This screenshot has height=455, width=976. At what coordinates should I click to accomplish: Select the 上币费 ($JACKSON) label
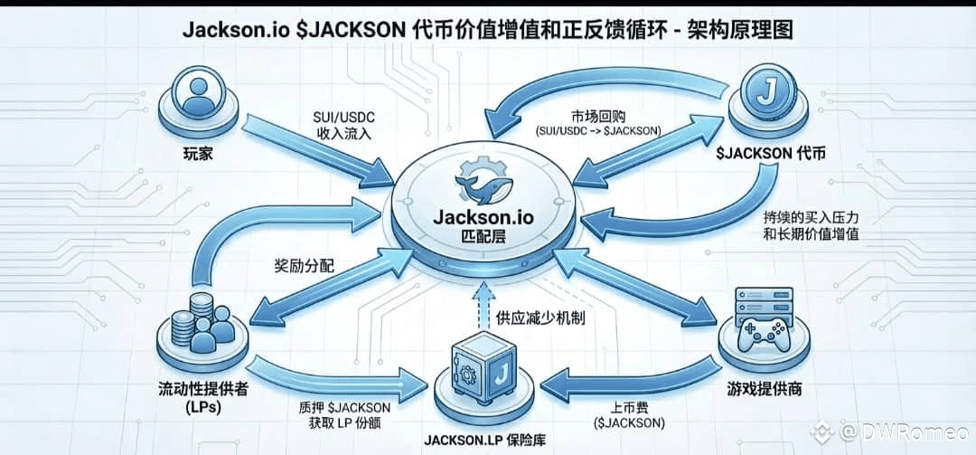630,414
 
